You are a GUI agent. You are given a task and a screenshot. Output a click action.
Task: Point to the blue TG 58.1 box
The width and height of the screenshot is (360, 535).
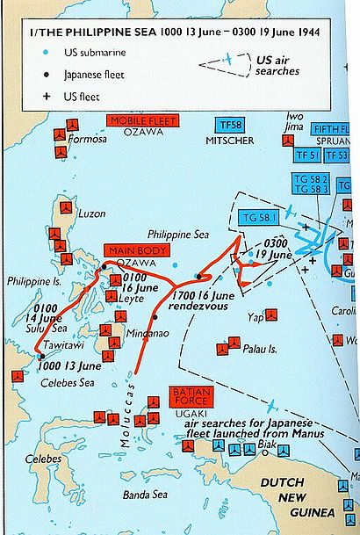pos(254,217)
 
